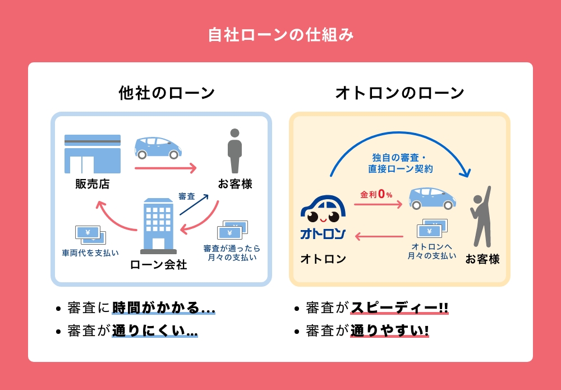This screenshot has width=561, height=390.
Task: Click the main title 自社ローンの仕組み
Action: [281, 35]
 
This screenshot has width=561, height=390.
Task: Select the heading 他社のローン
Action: [167, 93]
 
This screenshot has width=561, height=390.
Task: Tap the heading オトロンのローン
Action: [399, 93]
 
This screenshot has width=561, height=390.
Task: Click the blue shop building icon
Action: [93, 154]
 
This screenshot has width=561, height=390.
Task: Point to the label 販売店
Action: [93, 184]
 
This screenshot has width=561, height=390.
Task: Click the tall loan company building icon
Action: [159, 226]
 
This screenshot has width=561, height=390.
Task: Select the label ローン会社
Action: [159, 265]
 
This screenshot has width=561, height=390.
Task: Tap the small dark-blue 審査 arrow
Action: [194, 205]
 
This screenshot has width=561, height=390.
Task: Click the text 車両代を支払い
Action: [90, 253]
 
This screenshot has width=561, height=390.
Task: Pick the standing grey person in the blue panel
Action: [234, 151]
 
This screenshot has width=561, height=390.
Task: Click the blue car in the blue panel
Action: [158, 148]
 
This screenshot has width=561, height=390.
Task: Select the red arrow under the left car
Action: [165, 168]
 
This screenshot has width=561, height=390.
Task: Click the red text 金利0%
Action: [376, 194]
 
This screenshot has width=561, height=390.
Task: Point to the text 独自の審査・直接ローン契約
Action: [401, 163]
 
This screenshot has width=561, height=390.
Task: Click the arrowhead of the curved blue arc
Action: [465, 173]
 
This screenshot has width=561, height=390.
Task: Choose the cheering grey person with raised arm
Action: [481, 217]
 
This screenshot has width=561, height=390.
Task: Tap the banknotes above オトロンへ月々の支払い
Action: [432, 228]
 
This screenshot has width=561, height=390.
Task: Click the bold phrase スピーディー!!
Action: [399, 308]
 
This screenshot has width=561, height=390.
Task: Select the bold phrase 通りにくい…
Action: [155, 331]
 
